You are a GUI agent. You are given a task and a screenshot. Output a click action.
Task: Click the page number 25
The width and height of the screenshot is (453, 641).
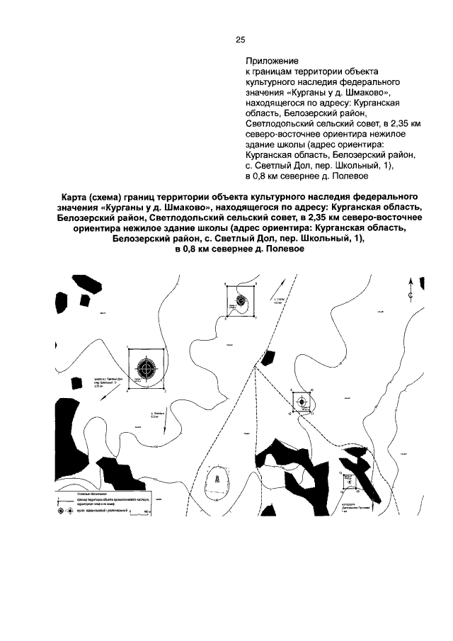coord(240,40)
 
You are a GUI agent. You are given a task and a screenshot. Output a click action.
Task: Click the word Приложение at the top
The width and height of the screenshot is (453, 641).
coord(272,62)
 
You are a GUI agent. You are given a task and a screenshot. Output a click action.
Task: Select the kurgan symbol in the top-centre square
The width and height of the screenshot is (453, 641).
coord(243,300)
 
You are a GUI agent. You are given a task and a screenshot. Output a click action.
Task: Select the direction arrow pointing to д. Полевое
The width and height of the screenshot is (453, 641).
coord(164,426)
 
